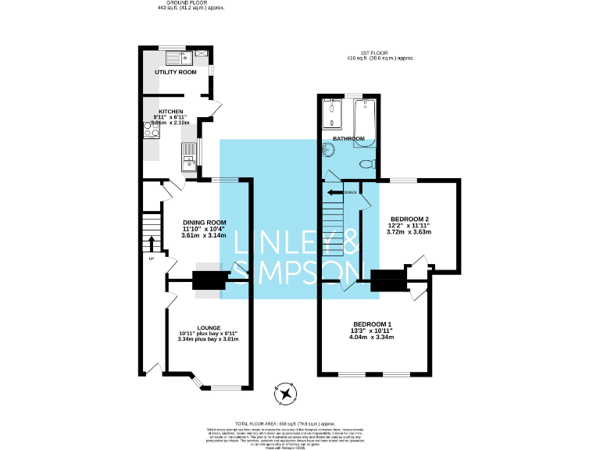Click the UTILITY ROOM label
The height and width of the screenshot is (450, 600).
[175, 72]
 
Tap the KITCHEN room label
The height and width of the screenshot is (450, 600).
[172, 111]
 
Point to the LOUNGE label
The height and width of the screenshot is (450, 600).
[208, 327]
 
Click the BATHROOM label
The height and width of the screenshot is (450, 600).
[348, 138]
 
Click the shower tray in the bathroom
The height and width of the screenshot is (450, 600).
[333, 115]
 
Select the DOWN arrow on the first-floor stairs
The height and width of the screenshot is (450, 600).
[336, 192]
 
